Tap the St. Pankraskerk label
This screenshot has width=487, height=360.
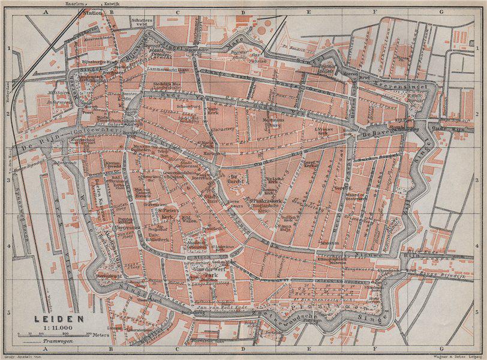click(263, 201)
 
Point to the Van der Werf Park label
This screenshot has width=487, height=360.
click(207, 272)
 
